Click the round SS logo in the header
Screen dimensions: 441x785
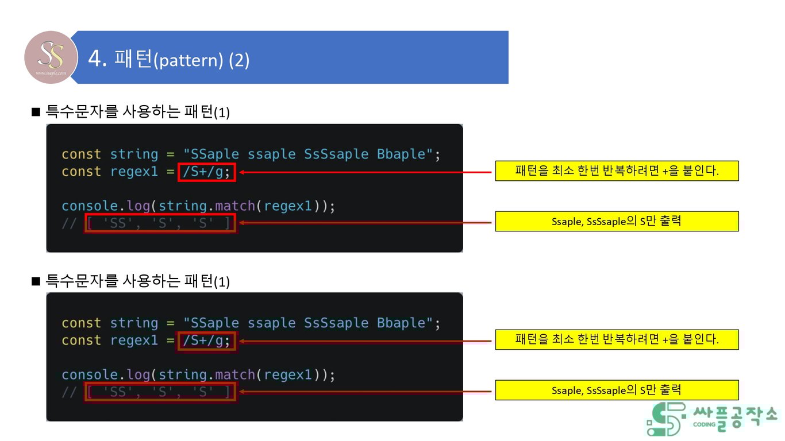tap(51, 57)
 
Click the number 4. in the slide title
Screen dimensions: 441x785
tap(98, 59)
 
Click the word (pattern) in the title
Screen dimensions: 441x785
tap(188, 60)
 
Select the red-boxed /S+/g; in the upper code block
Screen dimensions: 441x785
tap(207, 172)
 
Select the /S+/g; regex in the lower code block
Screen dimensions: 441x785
tap(207, 341)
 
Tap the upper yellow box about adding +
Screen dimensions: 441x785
tap(617, 171)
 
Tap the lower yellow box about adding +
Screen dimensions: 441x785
tap(617, 339)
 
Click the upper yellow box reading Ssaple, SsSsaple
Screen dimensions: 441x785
tap(617, 221)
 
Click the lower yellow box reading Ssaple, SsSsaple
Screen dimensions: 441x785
tap(617, 390)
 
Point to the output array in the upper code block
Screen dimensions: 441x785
tap(160, 223)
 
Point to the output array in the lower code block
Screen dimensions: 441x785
tap(160, 392)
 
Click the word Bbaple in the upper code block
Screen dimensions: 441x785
tap(401, 154)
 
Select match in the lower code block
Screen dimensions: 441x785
tap(235, 375)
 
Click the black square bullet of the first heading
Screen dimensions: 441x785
tap(36, 111)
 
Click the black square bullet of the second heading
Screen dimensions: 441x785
tap(36, 280)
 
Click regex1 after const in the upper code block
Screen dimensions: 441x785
tap(134, 172)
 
